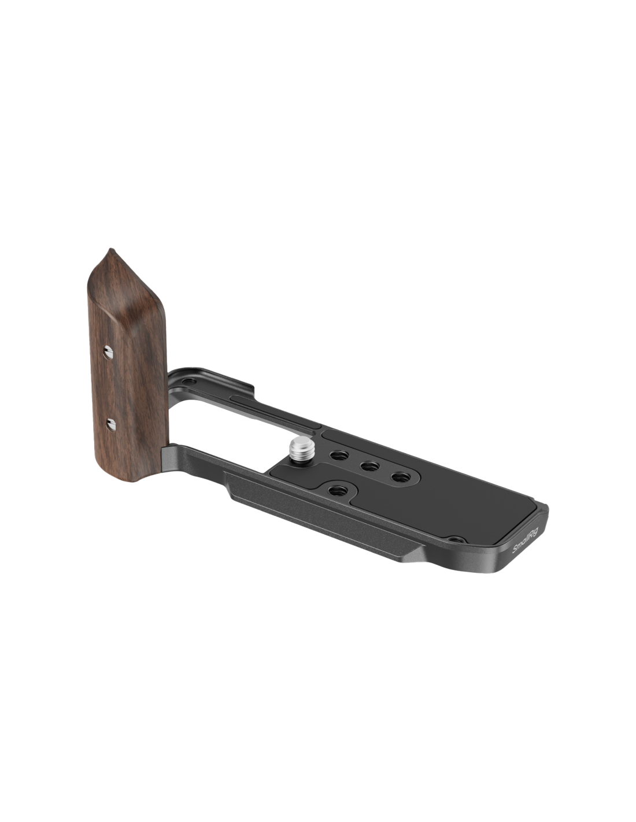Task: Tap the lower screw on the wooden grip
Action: tap(110, 424)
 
